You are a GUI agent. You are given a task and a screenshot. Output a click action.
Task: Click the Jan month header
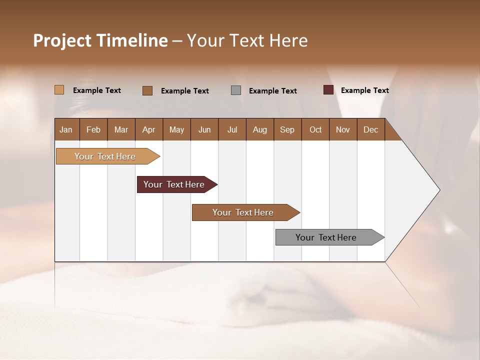click(x=66, y=129)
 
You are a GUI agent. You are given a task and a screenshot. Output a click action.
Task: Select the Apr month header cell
click(x=149, y=129)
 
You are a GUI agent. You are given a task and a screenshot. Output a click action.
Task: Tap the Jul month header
click(x=232, y=129)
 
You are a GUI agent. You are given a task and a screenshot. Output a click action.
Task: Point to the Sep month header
click(x=287, y=129)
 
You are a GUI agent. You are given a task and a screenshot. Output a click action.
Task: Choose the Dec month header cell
click(x=371, y=129)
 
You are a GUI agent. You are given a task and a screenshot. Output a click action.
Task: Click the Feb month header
click(x=93, y=129)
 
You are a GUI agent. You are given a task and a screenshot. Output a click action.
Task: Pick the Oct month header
click(x=315, y=129)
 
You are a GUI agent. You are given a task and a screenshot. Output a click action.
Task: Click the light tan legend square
click(x=59, y=90)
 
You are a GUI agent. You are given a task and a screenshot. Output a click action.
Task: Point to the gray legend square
click(x=236, y=90)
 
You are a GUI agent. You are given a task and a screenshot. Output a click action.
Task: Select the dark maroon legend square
click(x=328, y=90)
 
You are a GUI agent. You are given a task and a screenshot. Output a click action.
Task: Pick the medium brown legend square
click(x=147, y=90)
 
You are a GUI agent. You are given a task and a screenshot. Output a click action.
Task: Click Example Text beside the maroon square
click(x=365, y=90)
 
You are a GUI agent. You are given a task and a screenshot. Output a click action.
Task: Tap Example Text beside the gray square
click(x=273, y=91)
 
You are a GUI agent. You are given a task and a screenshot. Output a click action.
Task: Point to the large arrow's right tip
click(x=438, y=190)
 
